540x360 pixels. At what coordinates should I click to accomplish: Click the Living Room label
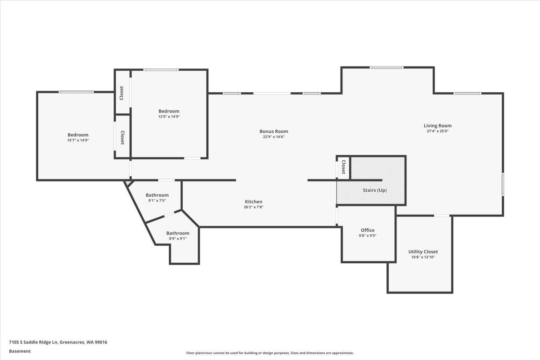[x=437, y=126]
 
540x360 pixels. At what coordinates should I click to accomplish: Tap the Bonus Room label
[x=274, y=131]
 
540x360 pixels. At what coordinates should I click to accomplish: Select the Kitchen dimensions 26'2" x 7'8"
[x=253, y=207]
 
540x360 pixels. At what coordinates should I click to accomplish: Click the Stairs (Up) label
[x=374, y=190]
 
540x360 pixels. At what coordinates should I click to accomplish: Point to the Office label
[x=367, y=230]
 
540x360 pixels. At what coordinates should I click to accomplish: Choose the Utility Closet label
[x=423, y=252]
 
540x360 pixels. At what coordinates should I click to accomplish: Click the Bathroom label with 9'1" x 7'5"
[x=157, y=195]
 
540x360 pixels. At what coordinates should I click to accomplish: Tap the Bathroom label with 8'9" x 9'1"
[x=178, y=233]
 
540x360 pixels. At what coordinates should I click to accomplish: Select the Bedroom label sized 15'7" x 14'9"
[x=78, y=135]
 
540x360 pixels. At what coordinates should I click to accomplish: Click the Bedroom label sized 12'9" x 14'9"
[x=169, y=111]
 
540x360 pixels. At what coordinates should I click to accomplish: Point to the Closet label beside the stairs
[x=343, y=167]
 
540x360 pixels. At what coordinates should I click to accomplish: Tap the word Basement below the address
[x=20, y=351]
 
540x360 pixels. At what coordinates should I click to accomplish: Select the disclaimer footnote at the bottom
[x=270, y=353]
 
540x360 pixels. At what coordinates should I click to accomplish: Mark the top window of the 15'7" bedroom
[x=76, y=92]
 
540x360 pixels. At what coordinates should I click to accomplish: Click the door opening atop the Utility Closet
[x=441, y=216]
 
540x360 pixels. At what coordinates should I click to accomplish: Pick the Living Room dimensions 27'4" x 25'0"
[x=437, y=131]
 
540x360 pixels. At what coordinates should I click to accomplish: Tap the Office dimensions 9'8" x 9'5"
[x=367, y=235]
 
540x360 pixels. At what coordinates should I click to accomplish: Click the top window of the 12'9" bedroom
[x=161, y=69]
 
